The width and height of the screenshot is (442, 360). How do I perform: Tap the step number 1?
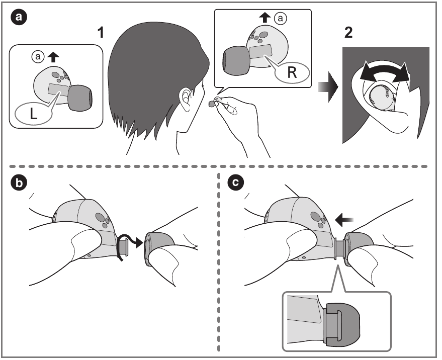click(x=102, y=34)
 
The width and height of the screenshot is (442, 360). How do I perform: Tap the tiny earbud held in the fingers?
click(x=215, y=103)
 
